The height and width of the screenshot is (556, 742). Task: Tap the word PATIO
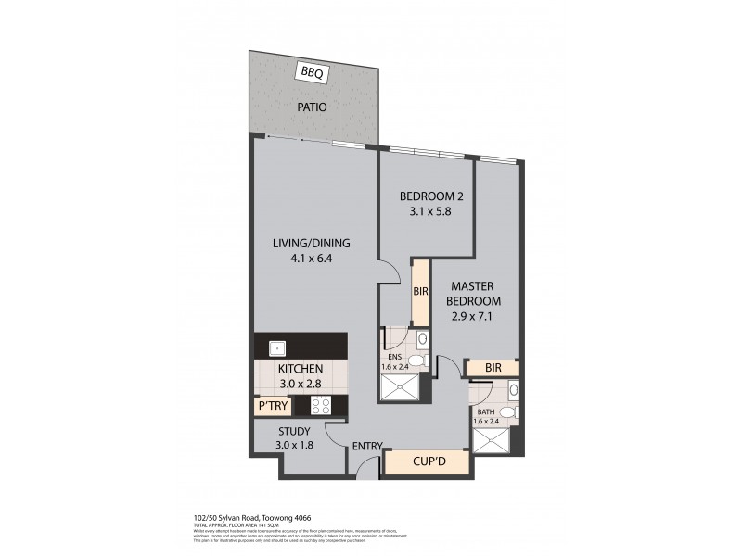pos(313,107)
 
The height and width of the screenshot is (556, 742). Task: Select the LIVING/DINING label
pos(311,244)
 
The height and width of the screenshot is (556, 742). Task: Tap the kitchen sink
pos(276,349)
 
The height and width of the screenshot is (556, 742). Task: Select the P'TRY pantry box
pos(272,404)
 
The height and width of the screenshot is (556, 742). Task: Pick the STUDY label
pos(295,430)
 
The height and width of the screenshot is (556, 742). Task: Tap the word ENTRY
pos(367,447)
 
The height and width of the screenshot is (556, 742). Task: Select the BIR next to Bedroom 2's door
pos(418,291)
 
